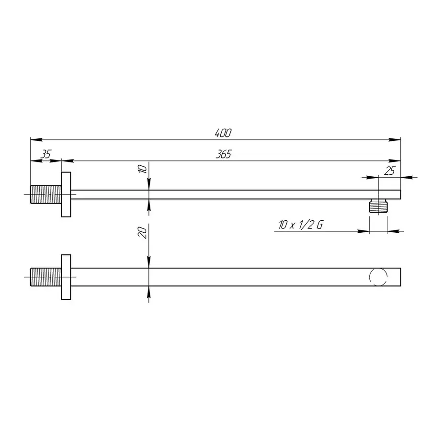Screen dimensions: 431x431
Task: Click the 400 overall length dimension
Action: [x=223, y=133]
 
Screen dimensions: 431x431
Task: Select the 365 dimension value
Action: [x=224, y=155]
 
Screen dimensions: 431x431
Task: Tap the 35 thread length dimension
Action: [x=46, y=154]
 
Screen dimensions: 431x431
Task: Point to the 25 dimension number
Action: [x=389, y=171]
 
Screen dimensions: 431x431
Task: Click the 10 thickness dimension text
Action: [x=142, y=169]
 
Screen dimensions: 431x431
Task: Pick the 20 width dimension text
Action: [x=142, y=233]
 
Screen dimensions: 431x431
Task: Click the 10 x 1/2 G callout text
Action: [x=301, y=225]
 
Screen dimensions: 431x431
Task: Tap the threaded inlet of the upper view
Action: [x=45, y=194]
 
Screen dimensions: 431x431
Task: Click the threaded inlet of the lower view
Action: [x=45, y=277]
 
